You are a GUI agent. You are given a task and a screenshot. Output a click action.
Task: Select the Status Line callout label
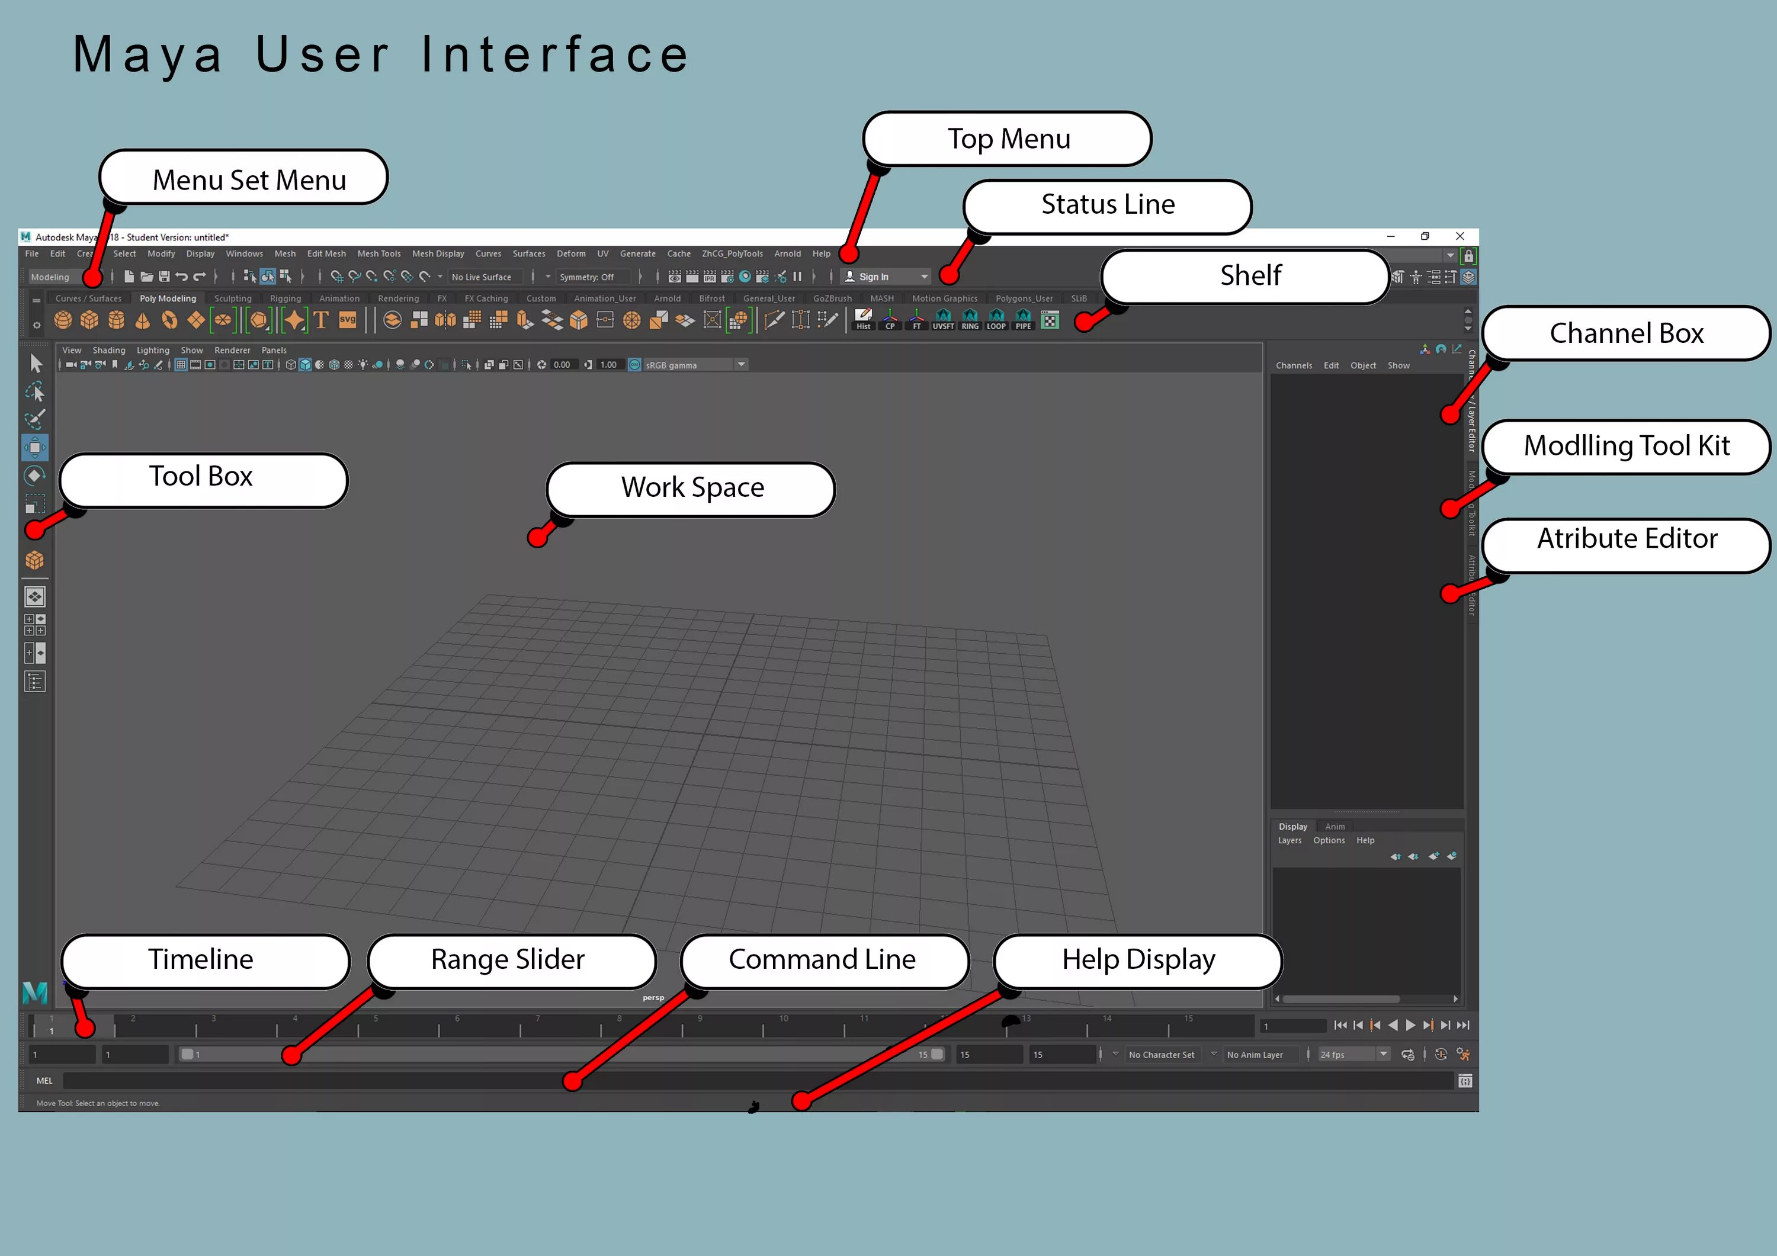pos(1108,205)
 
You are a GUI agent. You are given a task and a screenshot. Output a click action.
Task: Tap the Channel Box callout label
pos(1626,333)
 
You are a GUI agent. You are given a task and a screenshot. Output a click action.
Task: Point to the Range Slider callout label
pos(508,959)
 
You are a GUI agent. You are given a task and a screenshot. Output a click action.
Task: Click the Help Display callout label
pos(1138,959)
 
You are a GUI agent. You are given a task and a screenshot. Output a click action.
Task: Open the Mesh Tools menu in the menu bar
pos(379,254)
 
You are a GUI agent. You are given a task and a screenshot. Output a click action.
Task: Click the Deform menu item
pos(571,254)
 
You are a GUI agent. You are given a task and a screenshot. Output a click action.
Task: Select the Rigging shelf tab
pos(285,298)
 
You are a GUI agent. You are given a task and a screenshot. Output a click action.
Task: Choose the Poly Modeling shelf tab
pos(168,298)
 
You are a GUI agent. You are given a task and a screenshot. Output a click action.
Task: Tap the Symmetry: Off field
pos(586,277)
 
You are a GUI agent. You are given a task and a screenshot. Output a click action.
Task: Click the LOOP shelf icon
pos(996,320)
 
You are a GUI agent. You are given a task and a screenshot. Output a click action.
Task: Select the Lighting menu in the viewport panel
pos(152,351)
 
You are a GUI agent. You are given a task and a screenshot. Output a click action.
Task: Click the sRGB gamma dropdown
pos(688,365)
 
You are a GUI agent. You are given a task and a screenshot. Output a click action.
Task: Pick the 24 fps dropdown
pos(1353,1055)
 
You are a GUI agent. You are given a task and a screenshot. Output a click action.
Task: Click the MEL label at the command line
pos(44,1081)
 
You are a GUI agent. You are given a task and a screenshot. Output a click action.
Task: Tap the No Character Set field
pos(1161,1055)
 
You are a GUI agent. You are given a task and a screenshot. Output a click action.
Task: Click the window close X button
pos(1460,237)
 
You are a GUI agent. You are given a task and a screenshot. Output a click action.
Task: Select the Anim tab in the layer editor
pos(1335,827)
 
